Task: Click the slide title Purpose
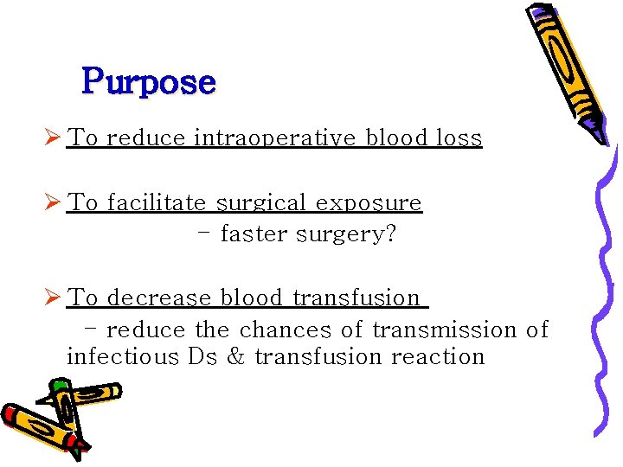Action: pyautogui.click(x=148, y=83)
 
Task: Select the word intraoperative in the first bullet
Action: pyautogui.click(x=274, y=138)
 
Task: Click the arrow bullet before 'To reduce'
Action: pyautogui.click(x=53, y=138)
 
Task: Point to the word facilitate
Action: pyautogui.click(x=157, y=203)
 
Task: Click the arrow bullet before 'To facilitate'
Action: pyautogui.click(x=53, y=203)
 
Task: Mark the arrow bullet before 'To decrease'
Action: pyautogui.click(x=53, y=298)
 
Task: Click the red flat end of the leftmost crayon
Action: pyautogui.click(x=11, y=416)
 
